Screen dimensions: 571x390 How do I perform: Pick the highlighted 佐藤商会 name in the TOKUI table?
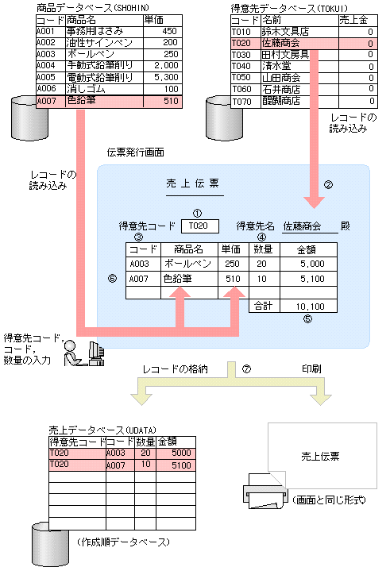pyautogui.click(x=283, y=43)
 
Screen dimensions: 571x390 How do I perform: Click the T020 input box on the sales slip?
pyautogui.click(x=199, y=226)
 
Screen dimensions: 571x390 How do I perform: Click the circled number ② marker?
pyautogui.click(x=327, y=185)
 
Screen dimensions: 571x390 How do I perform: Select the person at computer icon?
pyautogui.click(x=83, y=354)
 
